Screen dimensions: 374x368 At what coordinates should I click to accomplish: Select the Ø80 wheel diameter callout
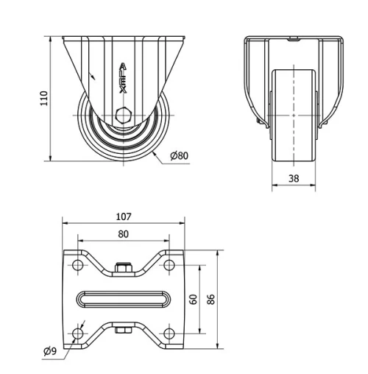tap(179, 155)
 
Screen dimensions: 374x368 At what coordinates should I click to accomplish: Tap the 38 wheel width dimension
tap(294, 177)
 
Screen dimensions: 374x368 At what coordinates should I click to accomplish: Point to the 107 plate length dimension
tap(123, 216)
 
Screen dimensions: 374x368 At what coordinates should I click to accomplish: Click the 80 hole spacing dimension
tap(123, 234)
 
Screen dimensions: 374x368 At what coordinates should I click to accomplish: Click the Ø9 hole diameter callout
tap(50, 351)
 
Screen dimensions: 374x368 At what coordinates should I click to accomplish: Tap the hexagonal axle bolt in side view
tap(123, 116)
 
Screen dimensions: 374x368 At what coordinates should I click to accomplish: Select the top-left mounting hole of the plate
tap(77, 265)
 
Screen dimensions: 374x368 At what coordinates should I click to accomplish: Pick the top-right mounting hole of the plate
tap(169, 265)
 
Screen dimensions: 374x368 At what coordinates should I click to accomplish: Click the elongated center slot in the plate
tap(123, 299)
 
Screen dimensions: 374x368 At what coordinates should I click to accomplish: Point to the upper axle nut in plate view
tap(123, 268)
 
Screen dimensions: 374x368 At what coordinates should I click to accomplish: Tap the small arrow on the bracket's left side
tap(92, 75)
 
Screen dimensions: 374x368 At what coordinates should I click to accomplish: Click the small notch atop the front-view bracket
tap(294, 38)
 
